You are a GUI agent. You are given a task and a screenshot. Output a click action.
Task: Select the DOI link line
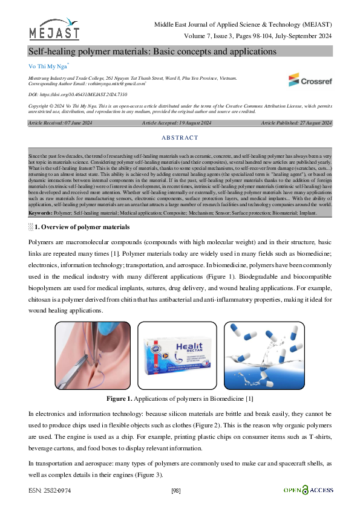[69, 95]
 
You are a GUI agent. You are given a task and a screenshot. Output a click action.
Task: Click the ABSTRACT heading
[180, 138]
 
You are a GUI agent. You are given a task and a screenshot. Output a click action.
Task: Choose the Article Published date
[296, 123]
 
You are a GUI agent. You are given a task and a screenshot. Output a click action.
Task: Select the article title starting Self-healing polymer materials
[152, 51]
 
